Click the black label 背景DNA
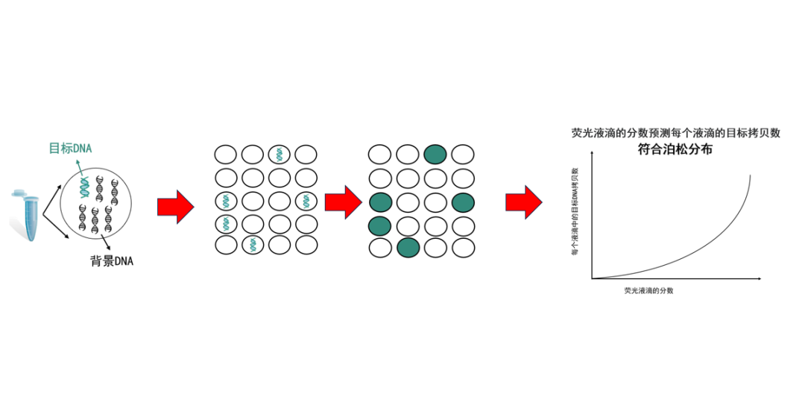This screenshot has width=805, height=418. pyautogui.click(x=112, y=261)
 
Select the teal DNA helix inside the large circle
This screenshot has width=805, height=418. pyautogui.click(x=86, y=189)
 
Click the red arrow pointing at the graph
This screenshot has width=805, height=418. pyautogui.click(x=524, y=202)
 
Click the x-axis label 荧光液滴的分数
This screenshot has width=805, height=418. pyautogui.click(x=648, y=290)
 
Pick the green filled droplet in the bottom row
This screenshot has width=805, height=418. pyautogui.click(x=408, y=248)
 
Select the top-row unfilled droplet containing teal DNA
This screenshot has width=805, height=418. pyautogui.click(x=279, y=155)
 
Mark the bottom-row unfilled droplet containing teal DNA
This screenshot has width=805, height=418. pyautogui.click(x=253, y=244)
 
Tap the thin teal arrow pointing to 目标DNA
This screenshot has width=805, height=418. pyautogui.click(x=80, y=164)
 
